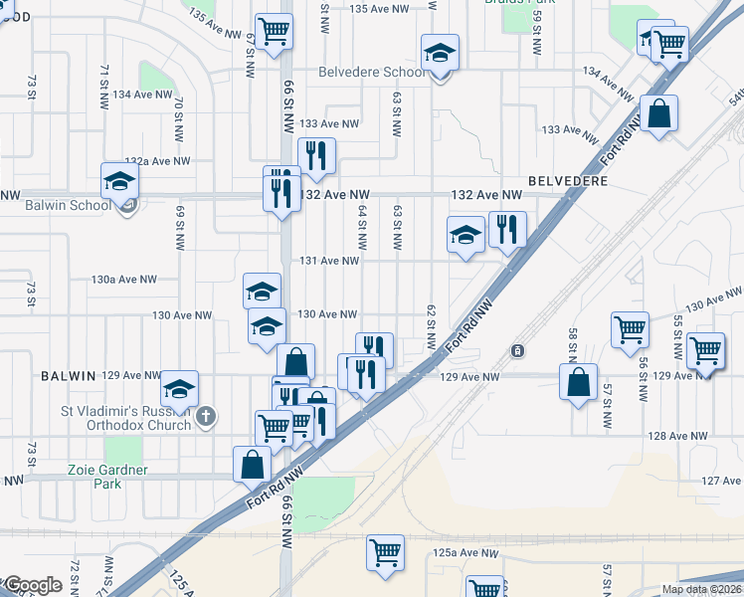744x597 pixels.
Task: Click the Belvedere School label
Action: (x=372, y=73)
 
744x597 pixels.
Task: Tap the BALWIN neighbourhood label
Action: (x=68, y=375)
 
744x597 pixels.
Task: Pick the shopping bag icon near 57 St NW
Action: (x=579, y=381)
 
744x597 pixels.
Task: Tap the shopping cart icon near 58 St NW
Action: (x=630, y=328)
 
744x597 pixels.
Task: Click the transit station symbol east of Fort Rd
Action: (x=517, y=351)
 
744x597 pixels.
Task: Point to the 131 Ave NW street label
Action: (x=329, y=261)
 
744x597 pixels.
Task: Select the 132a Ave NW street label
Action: (x=156, y=161)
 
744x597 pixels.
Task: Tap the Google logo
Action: (x=32, y=585)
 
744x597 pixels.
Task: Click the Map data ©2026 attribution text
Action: (x=701, y=589)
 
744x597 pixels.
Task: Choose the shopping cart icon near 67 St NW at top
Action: (x=273, y=29)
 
